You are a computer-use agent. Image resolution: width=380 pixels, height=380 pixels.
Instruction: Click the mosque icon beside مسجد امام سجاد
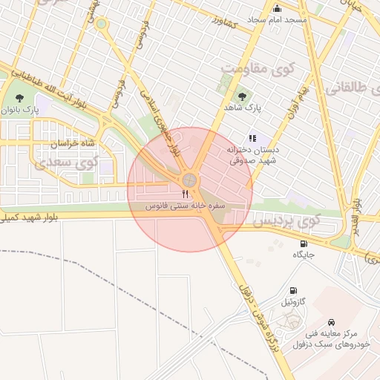278,8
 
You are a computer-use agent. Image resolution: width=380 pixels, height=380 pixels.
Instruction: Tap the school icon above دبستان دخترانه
252,137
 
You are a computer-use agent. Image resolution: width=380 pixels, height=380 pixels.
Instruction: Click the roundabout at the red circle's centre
190,180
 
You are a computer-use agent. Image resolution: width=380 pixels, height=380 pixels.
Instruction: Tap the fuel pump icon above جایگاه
304,243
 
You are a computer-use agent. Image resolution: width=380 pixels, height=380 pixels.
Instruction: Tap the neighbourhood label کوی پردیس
286,220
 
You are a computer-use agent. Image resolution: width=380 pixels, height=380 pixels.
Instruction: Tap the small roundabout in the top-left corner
102,24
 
